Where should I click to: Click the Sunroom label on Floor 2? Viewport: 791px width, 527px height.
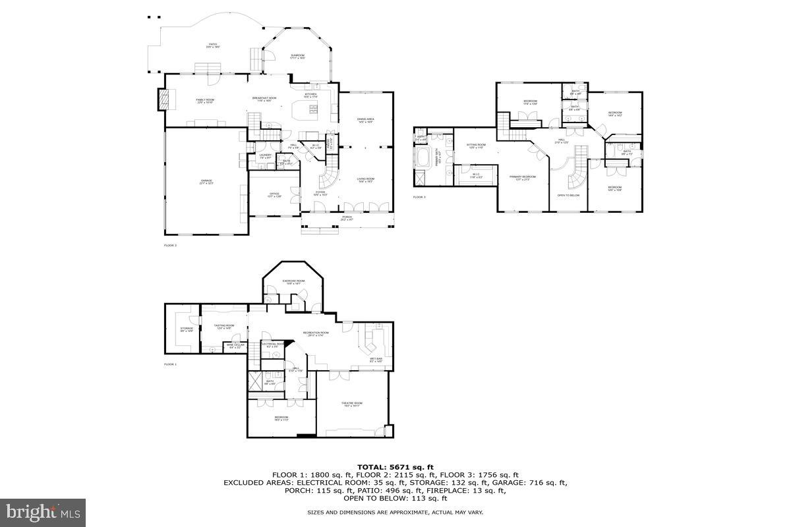pyautogui.click(x=298, y=57)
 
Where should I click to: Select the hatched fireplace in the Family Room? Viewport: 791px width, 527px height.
pyautogui.click(x=163, y=100)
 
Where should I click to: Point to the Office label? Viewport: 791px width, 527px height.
pyautogui.click(x=275, y=195)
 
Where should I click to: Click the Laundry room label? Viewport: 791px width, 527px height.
pyautogui.click(x=266, y=156)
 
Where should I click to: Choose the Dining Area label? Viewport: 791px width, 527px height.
pyautogui.click(x=366, y=120)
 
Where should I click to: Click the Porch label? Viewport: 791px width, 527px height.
pyautogui.click(x=347, y=218)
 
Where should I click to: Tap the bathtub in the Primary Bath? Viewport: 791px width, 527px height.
pyautogui.click(x=421, y=159)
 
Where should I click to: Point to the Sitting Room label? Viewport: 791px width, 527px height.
pyautogui.click(x=476, y=146)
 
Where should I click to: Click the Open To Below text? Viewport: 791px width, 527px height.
pyautogui.click(x=568, y=196)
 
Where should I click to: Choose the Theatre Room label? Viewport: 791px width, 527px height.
pyautogui.click(x=352, y=404)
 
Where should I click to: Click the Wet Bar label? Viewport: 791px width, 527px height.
pyautogui.click(x=376, y=360)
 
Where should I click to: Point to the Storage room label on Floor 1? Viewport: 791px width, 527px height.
pyautogui.click(x=187, y=329)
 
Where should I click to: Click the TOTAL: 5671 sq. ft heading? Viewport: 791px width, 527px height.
pyautogui.click(x=395, y=466)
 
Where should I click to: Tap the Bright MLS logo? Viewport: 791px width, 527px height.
pyautogui.click(x=44, y=510)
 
